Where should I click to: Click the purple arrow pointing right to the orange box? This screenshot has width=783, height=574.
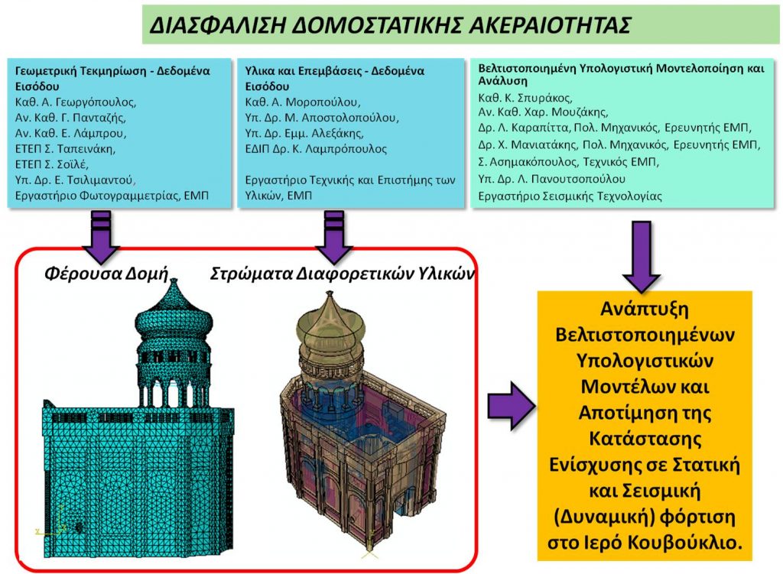[511, 406]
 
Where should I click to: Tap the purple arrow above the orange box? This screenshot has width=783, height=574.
[642, 257]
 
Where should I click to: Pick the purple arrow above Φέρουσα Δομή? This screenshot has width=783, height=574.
[101, 237]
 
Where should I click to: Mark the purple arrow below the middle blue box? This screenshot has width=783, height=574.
[334, 237]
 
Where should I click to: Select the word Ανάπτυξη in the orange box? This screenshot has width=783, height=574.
[644, 309]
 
